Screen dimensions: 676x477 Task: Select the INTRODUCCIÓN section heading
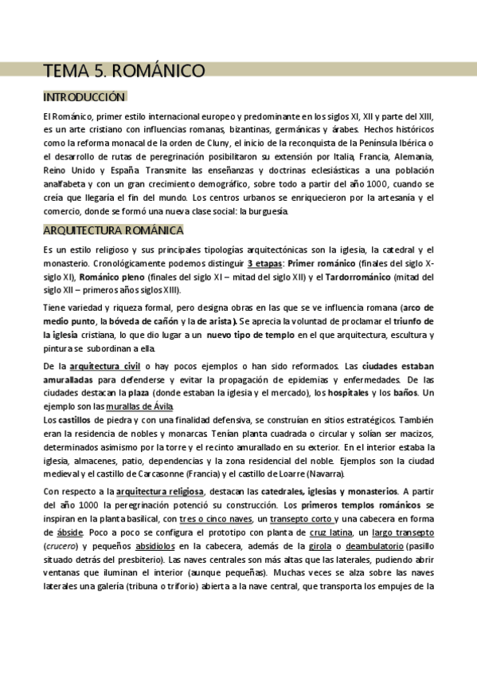point(84,97)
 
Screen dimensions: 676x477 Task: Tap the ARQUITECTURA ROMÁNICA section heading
point(113,231)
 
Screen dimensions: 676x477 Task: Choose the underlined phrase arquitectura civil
point(106,365)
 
